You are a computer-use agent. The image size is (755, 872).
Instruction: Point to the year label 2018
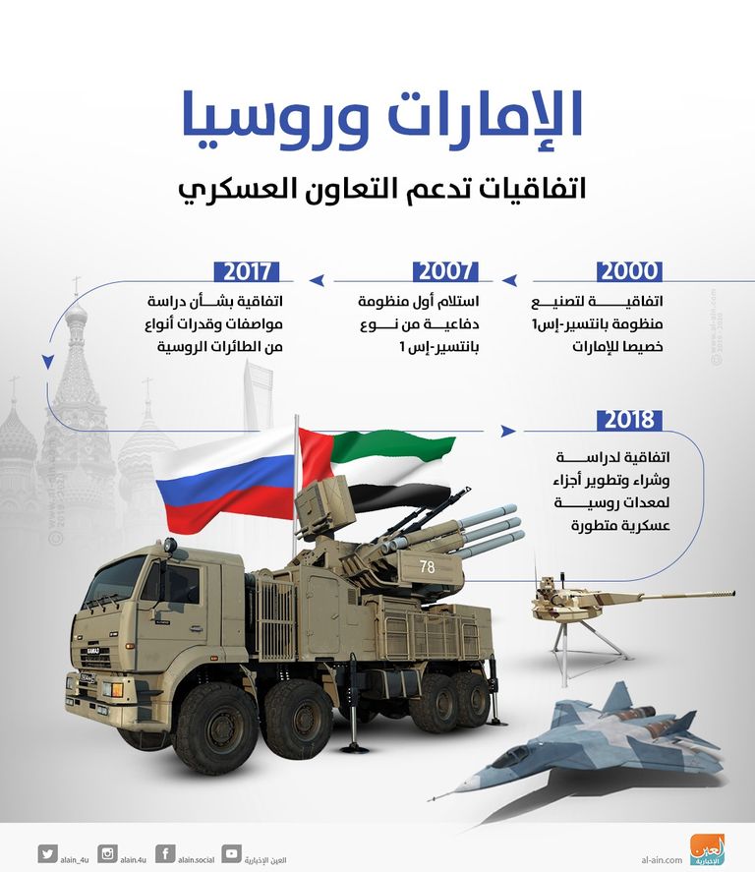(x=629, y=420)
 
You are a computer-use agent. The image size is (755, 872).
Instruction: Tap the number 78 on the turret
(x=427, y=567)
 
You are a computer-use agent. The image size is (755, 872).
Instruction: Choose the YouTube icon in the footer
(x=231, y=853)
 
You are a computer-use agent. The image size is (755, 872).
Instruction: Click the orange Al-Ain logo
(x=706, y=850)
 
